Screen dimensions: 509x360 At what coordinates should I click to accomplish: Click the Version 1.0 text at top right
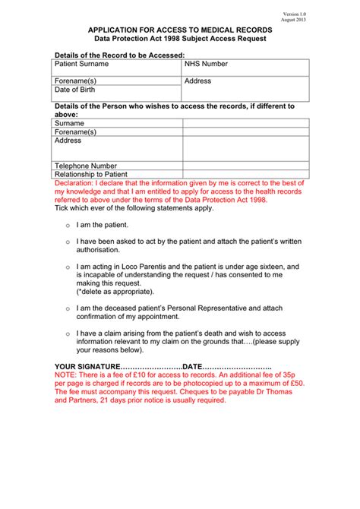295,14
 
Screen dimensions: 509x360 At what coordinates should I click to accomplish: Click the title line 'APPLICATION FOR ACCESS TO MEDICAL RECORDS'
180,29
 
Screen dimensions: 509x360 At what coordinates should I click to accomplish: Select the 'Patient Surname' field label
82,65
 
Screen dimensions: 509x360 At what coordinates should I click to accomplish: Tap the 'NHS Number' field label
206,65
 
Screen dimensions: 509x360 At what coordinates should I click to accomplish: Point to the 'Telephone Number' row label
86,166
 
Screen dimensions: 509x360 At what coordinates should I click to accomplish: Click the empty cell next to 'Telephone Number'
245,166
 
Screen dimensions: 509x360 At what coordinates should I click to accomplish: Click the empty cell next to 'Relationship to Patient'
245,174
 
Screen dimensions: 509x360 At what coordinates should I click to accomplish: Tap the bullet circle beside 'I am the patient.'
68,226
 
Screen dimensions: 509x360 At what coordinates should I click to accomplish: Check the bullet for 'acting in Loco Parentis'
68,267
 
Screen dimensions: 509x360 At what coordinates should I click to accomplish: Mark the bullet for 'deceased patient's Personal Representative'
68,308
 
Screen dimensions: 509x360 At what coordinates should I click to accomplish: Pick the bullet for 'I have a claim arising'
68,334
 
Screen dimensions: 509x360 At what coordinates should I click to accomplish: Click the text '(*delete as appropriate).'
116,292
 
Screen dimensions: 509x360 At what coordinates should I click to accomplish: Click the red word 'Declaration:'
75,184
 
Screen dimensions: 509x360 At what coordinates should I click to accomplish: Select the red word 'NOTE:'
66,375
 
